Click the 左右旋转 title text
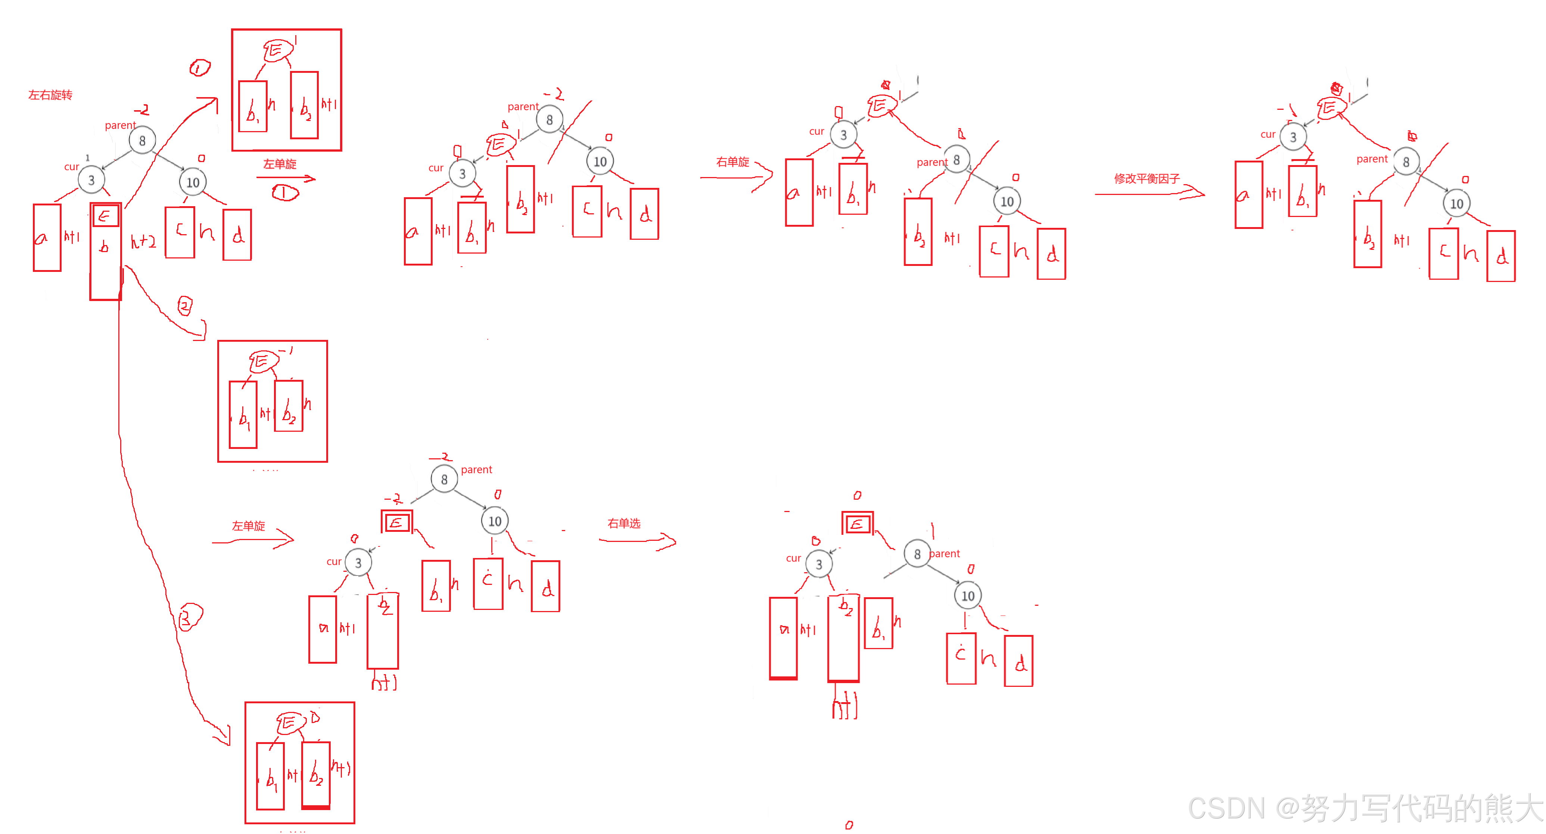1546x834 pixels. [50, 95]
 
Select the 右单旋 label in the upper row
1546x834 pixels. [733, 162]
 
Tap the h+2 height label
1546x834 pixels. [144, 242]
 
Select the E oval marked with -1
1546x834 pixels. [264, 362]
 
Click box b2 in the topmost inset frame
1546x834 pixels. [305, 105]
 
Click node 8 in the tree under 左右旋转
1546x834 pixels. [142, 140]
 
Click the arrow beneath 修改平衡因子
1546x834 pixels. [1149, 193]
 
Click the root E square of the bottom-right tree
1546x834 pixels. [858, 524]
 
